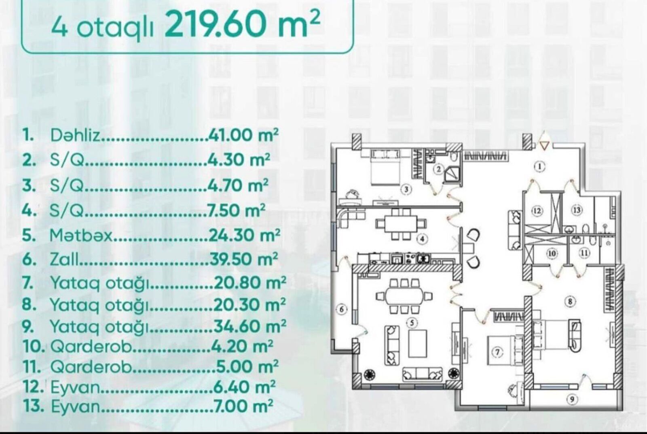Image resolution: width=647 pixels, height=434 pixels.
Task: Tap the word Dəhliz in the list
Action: (x=76, y=135)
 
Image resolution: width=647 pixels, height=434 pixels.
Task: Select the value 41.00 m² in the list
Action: (x=243, y=135)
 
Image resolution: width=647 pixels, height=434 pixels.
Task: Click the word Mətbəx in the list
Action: (x=81, y=235)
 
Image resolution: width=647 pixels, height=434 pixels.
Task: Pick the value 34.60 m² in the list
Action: (x=250, y=326)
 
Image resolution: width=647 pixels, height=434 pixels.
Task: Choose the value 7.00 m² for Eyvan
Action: (x=243, y=406)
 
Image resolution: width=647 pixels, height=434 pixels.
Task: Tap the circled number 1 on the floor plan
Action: (x=539, y=166)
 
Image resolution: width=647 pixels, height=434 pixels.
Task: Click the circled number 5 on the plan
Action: (x=412, y=323)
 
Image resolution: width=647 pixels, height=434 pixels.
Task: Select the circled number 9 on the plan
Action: (x=572, y=399)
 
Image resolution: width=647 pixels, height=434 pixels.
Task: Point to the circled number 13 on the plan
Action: (x=577, y=210)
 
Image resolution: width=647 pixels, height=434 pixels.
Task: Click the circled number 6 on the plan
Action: (x=341, y=309)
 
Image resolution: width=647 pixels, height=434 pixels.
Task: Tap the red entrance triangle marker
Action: (x=544, y=146)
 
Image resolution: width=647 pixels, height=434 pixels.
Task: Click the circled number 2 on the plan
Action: (x=439, y=169)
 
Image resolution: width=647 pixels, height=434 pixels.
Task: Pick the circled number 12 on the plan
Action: (x=537, y=211)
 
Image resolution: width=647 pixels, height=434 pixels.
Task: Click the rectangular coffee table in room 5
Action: (x=418, y=343)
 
